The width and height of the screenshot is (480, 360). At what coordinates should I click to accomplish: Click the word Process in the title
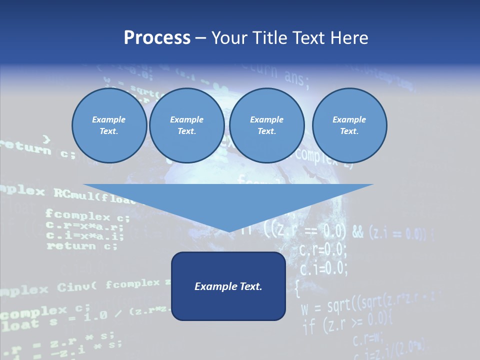coord(157,38)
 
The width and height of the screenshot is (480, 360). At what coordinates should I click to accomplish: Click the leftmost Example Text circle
coord(109,125)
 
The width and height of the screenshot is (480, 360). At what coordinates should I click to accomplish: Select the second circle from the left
coord(186,125)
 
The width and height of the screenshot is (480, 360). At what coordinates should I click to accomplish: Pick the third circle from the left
coord(266,125)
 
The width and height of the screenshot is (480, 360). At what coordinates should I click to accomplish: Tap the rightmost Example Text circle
coord(349,125)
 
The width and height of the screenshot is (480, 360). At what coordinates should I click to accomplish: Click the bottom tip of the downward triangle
coord(228,230)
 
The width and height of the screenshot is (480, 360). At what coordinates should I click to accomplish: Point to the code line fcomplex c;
coord(87,216)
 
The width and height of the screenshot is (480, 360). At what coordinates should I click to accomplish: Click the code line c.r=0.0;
coord(322,249)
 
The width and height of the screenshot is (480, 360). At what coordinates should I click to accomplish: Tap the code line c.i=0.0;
coord(323,268)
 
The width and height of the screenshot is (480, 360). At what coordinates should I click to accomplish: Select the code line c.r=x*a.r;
coord(84,226)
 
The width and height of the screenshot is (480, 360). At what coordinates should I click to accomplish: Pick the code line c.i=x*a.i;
coord(84,236)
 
